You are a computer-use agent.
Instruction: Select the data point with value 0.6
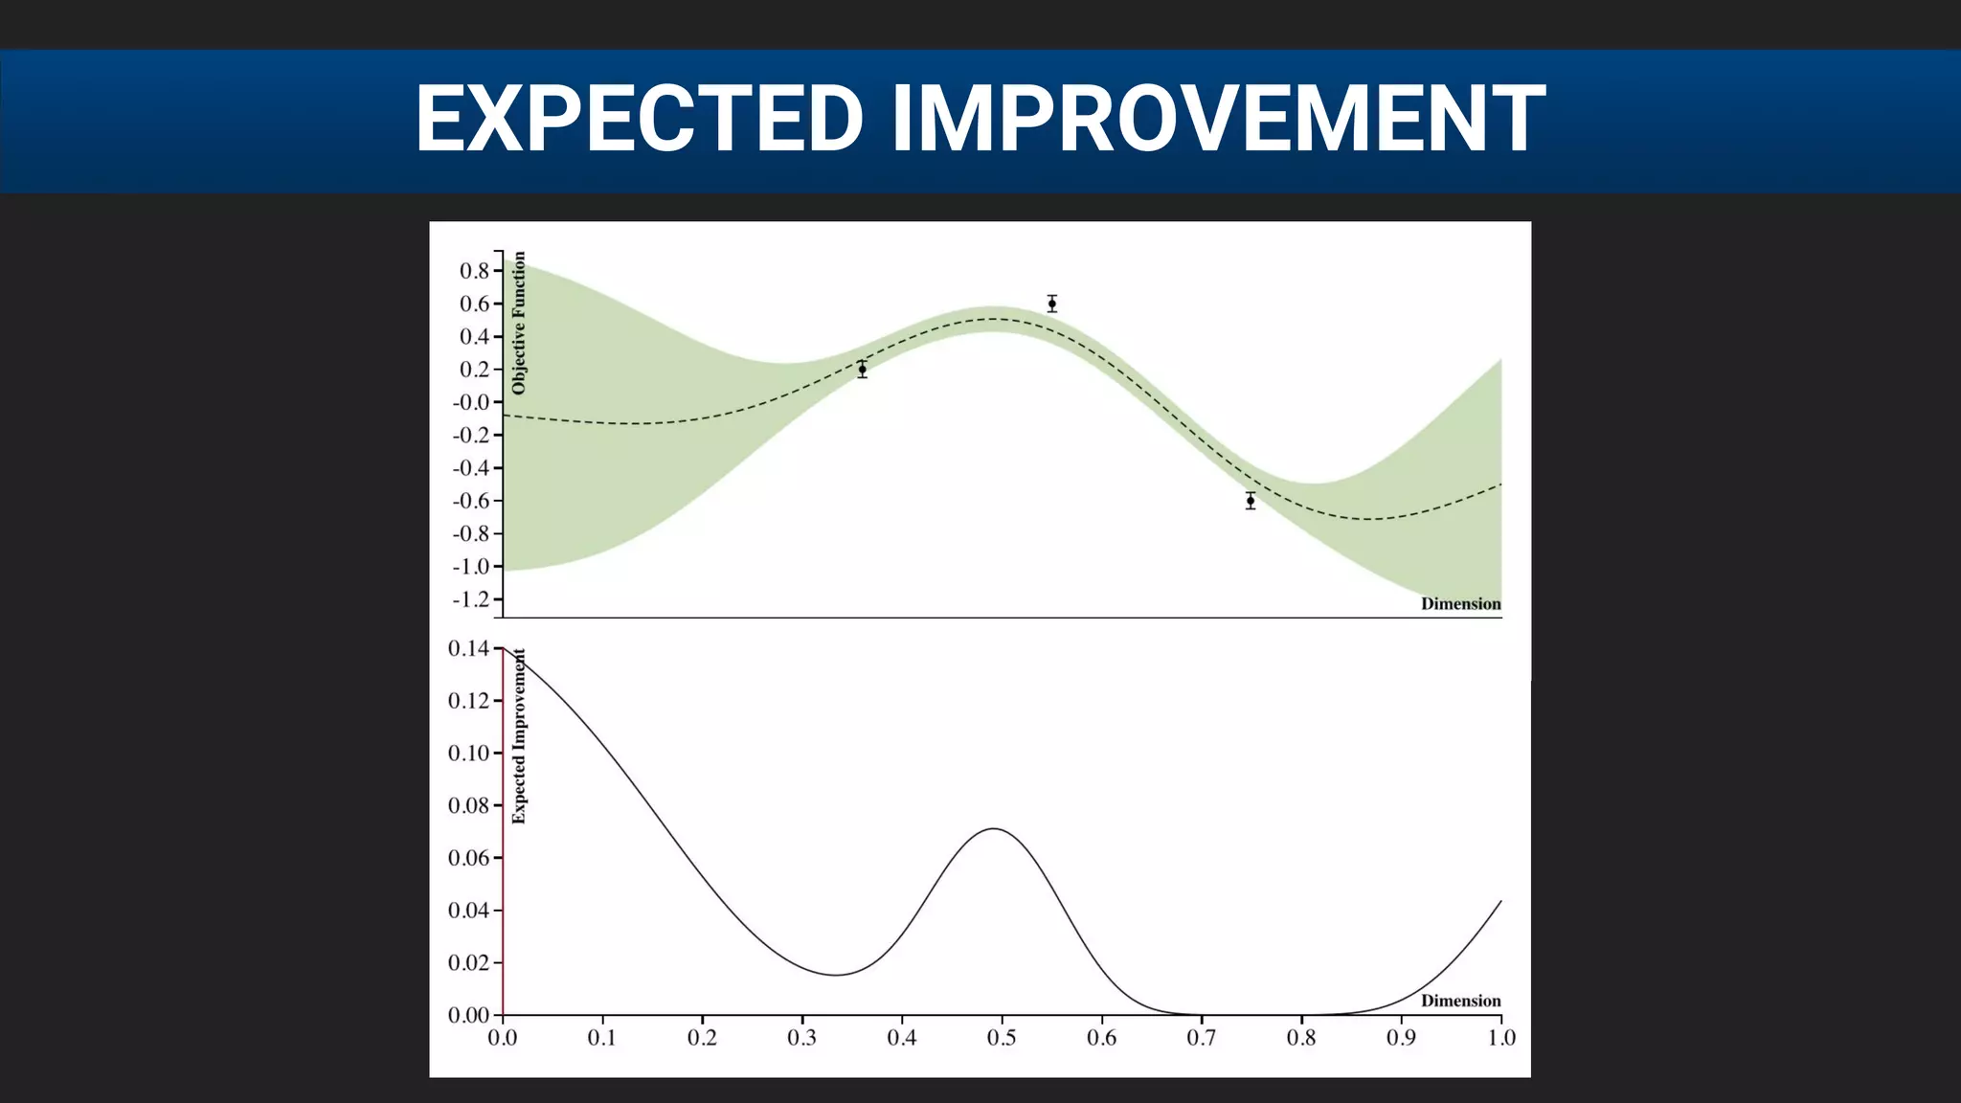1051,304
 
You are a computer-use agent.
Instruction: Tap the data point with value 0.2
862,370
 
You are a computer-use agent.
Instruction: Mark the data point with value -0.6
1250,501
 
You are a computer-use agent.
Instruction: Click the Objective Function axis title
519,323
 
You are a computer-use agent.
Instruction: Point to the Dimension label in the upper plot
1460,603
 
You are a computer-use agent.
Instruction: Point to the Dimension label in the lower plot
1460,1001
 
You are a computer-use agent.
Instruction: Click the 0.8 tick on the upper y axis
474,271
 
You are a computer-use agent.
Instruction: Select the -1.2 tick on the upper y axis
471,599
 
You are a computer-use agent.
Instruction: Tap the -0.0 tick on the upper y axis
471,402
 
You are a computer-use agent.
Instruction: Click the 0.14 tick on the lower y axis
468,648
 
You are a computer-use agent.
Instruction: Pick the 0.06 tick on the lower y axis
468,858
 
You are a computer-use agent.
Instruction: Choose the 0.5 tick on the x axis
1002,1038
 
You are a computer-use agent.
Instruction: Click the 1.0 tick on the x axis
1500,1038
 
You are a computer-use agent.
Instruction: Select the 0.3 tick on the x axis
801,1038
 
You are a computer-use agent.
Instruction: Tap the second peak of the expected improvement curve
994,828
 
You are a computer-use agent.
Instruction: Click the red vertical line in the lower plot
503,833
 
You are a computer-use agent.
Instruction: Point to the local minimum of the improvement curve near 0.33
835,975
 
